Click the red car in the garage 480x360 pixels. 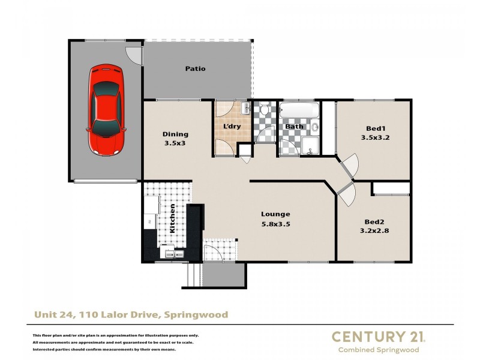click(x=107, y=109)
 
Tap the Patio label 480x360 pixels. click(x=195, y=68)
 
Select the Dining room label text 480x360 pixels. click(x=176, y=134)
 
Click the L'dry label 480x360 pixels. click(x=232, y=127)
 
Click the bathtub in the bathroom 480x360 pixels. click(x=299, y=111)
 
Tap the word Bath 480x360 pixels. click(x=294, y=127)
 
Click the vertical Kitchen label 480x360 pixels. click(x=173, y=218)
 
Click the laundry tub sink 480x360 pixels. click(x=245, y=109)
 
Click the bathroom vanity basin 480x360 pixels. click(x=314, y=127)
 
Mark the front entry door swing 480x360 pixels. click(x=213, y=252)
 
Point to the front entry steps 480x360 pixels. click(x=193, y=275)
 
